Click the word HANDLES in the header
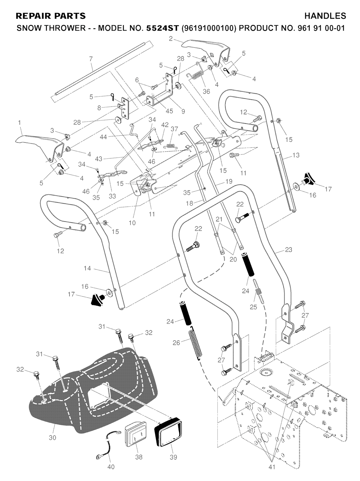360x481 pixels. tap(325, 16)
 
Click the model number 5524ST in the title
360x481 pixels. tap(162, 28)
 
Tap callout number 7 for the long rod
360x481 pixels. tap(91, 58)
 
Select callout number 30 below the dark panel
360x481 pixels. tap(52, 438)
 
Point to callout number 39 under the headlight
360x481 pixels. tap(173, 457)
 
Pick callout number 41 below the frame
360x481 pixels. tap(272, 467)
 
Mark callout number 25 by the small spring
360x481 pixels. tap(253, 307)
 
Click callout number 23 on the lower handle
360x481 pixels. tap(288, 250)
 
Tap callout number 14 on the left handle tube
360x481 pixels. tap(87, 268)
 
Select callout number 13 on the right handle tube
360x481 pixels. tap(296, 155)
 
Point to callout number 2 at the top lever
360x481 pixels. tap(171, 39)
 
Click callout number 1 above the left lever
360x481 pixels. tap(19, 123)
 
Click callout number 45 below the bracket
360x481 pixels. tap(169, 111)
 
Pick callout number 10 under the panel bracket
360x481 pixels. tap(132, 223)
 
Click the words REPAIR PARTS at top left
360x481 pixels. tap(51, 16)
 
